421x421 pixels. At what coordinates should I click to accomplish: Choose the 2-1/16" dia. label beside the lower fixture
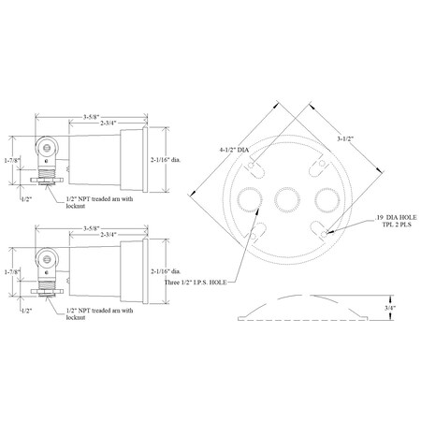[x=167, y=272]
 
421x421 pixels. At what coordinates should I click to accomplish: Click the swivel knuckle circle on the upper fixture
[x=44, y=148]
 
